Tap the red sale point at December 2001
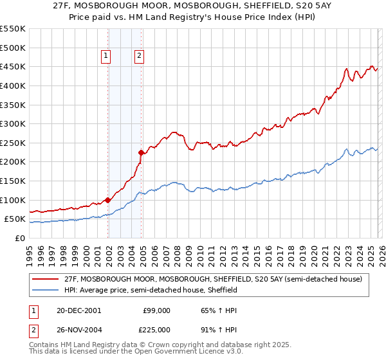point(108,200)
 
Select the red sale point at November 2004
point(142,152)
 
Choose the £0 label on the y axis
point(19,238)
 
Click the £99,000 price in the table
point(156,310)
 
